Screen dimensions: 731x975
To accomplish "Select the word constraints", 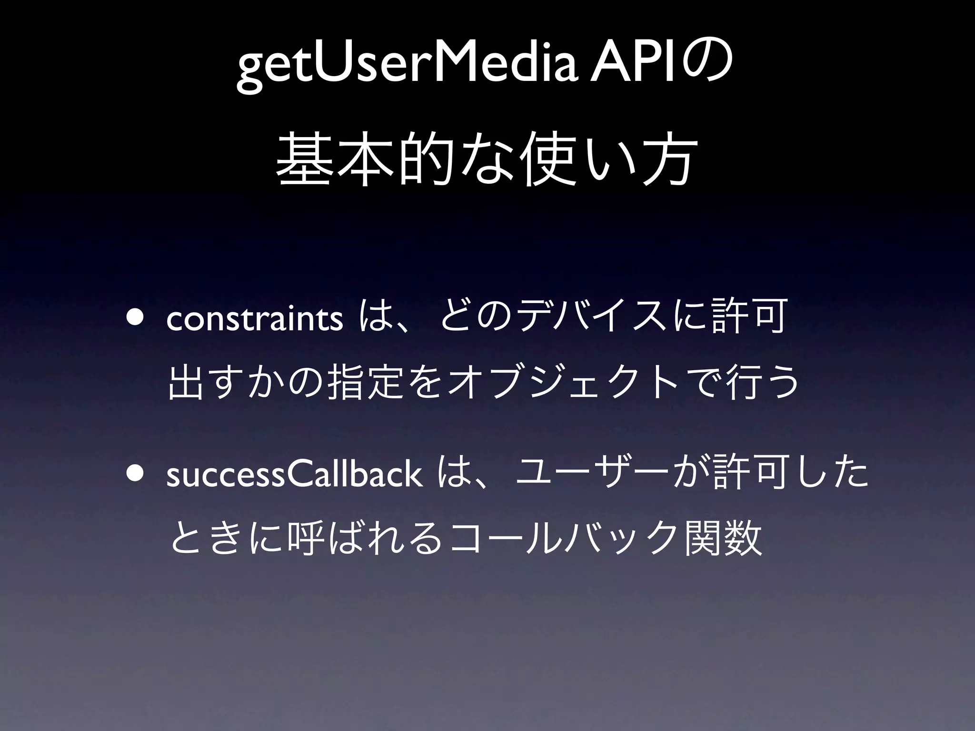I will coord(255,320).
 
